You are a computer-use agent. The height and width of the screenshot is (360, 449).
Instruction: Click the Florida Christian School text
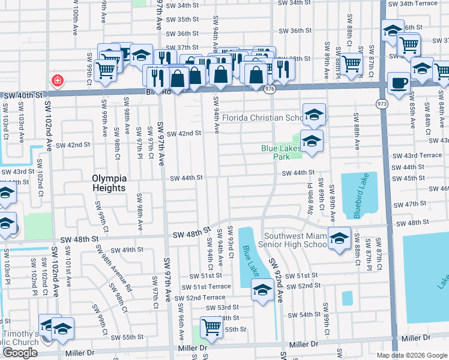[x=262, y=118]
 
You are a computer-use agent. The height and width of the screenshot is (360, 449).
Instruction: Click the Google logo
[x=20, y=353]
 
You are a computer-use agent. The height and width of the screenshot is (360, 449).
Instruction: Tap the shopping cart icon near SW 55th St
[x=211, y=327]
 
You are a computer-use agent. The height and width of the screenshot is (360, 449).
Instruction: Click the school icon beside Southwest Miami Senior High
[x=339, y=238]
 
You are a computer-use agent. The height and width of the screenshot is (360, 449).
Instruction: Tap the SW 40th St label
[x=23, y=95]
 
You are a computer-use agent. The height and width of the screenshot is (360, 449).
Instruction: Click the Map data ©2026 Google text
[x=411, y=355]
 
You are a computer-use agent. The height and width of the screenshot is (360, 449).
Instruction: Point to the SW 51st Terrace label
[x=211, y=286]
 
